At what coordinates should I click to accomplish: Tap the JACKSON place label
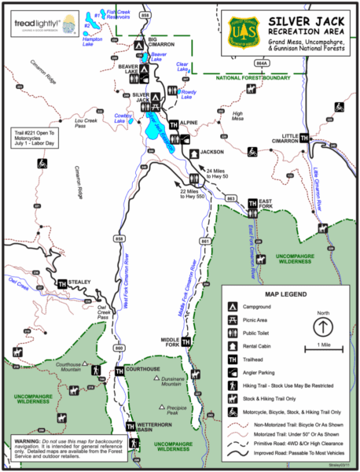(x=211, y=151)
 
